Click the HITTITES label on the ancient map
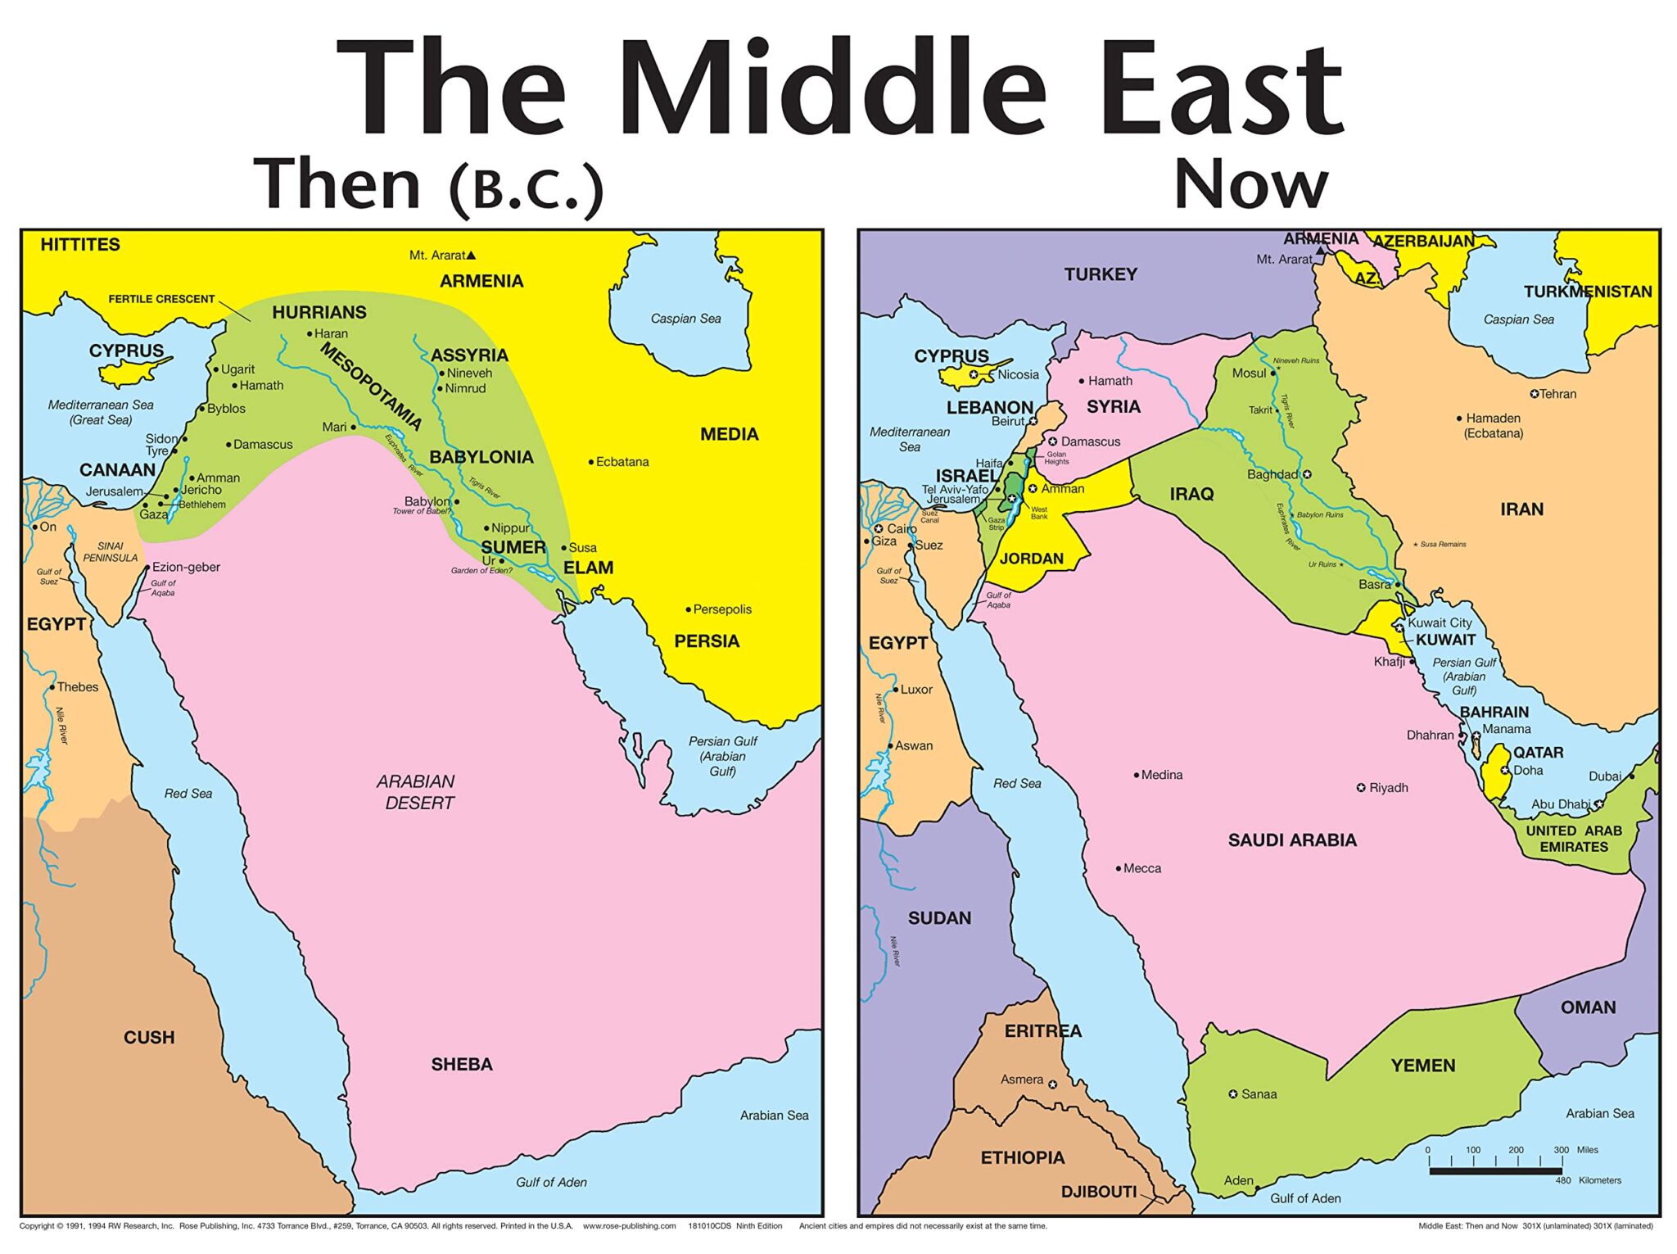click(80, 244)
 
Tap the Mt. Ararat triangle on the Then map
click(471, 256)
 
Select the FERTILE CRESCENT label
click(161, 299)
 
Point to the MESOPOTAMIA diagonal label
click(371, 387)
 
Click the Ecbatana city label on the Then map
click(622, 462)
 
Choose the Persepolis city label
click(721, 609)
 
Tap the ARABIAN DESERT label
click(417, 792)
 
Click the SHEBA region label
click(462, 1064)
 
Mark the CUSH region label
click(149, 1037)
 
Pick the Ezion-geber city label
click(186, 567)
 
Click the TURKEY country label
click(1101, 274)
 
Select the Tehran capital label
click(1557, 394)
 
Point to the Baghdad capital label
click(1274, 474)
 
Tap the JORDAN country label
click(1032, 559)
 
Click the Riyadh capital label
click(1388, 788)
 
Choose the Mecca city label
click(1141, 868)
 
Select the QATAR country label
click(1538, 752)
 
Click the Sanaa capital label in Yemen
click(1258, 1094)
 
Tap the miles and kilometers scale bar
click(1495, 1170)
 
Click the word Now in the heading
click(1250, 184)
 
